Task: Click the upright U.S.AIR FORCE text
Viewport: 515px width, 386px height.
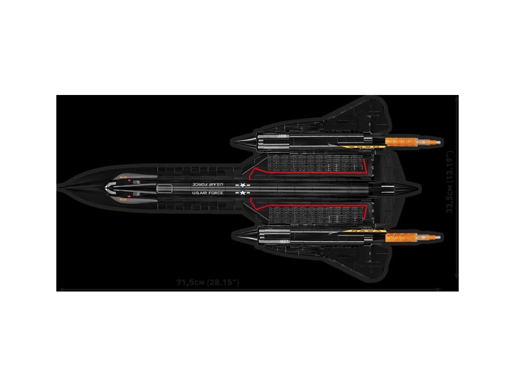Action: coord(207,193)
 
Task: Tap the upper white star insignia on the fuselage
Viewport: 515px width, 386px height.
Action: coord(244,185)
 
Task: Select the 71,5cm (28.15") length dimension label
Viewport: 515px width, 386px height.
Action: coord(207,282)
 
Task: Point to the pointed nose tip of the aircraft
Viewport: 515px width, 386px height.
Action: coord(60,188)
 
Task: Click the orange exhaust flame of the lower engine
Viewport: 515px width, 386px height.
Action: coord(402,236)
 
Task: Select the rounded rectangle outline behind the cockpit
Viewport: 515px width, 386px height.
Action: coord(164,188)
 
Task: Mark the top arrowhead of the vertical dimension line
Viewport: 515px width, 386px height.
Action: coord(457,99)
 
